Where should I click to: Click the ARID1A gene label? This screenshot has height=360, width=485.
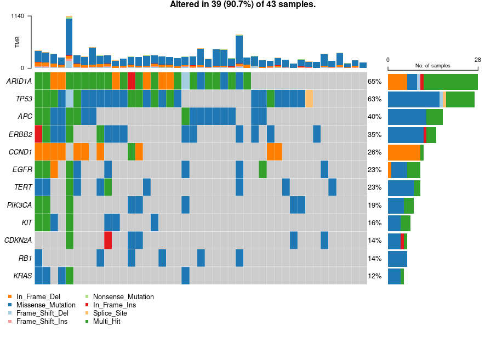click(x=19, y=81)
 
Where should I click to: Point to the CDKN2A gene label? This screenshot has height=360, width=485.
click(x=18, y=240)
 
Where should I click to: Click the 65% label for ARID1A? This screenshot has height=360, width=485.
click(x=374, y=82)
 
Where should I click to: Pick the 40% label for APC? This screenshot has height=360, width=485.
click(x=374, y=117)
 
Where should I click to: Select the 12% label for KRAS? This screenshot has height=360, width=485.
click(x=374, y=276)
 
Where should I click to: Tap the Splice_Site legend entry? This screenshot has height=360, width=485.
click(x=110, y=313)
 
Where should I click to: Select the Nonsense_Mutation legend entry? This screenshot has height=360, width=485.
click(x=123, y=296)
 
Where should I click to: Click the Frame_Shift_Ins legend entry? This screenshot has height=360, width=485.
click(x=42, y=321)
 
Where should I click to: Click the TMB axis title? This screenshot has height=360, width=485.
click(x=17, y=42)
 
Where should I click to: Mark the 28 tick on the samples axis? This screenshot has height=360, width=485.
click(x=477, y=60)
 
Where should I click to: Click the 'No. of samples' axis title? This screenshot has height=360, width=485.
click(x=432, y=65)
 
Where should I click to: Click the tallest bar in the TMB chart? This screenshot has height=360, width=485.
click(x=69, y=41)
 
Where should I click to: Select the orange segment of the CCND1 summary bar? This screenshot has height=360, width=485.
click(x=404, y=152)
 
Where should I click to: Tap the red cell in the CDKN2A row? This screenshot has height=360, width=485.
click(x=108, y=240)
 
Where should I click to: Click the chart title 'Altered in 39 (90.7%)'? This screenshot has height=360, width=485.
click(x=243, y=5)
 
